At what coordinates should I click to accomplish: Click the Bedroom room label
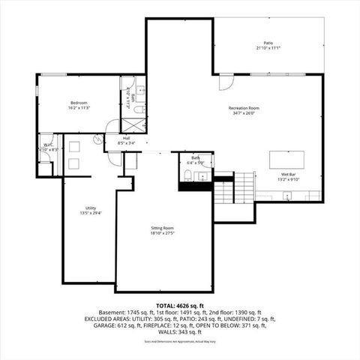point(79,103)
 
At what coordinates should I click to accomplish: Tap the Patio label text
point(268,43)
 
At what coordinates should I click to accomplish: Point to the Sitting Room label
point(163,228)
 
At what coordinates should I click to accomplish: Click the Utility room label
point(90,208)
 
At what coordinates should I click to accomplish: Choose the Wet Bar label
point(289,175)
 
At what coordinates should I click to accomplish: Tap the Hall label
point(127,138)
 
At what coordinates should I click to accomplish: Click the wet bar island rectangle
point(289,159)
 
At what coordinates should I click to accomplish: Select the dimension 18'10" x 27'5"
point(163,233)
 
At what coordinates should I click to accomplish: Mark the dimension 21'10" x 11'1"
point(268,49)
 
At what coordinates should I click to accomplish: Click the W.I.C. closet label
point(46,145)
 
